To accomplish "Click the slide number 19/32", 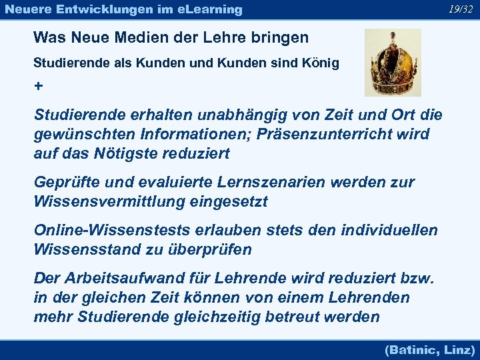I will click(461, 9).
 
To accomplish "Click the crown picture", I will click(393, 63).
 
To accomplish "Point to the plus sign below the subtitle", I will click(38, 87).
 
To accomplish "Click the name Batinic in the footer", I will click(412, 349).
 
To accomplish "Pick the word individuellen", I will click(389, 230).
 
